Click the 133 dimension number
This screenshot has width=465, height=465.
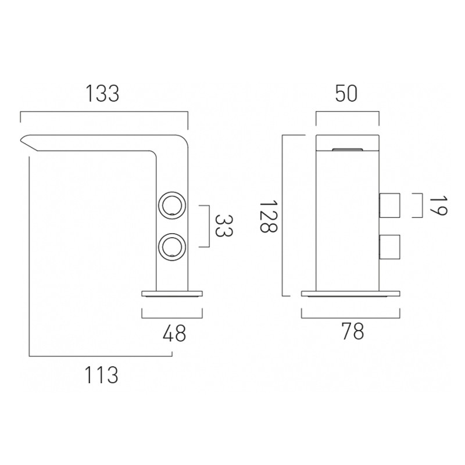(x=102, y=94)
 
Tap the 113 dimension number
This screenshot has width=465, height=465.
(x=101, y=375)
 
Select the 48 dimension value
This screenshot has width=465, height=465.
(x=174, y=333)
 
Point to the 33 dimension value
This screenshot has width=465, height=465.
(x=224, y=226)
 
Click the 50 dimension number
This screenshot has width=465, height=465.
(x=346, y=94)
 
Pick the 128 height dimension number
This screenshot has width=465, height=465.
(x=269, y=216)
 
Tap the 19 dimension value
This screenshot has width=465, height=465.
(x=438, y=205)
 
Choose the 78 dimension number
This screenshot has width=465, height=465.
(x=352, y=331)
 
